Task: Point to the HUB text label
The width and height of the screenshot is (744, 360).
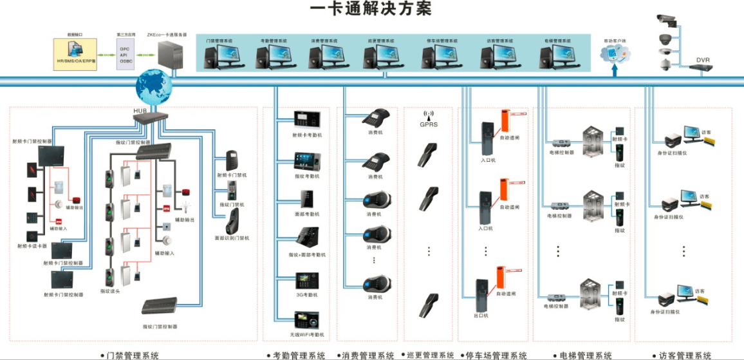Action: pyautogui.click(x=141, y=111)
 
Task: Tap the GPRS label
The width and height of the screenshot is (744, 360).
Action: pyautogui.click(x=429, y=125)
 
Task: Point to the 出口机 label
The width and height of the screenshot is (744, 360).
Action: pyautogui.click(x=481, y=316)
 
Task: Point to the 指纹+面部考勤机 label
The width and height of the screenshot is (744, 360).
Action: pyautogui.click(x=307, y=255)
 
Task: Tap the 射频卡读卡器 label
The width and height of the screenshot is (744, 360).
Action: pyautogui.click(x=32, y=246)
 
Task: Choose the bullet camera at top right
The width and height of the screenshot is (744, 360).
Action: pyautogui.click(x=667, y=21)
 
